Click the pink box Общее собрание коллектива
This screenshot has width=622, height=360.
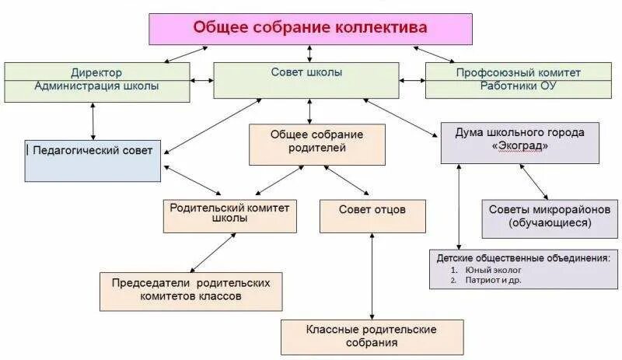coord(310,28)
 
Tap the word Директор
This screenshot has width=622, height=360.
coord(96,72)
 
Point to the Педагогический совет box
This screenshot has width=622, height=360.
coord(93,159)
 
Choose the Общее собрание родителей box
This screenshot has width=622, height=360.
coord(316,144)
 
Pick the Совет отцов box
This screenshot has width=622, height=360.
coord(372,215)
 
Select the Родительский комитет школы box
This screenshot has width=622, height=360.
coord(229,215)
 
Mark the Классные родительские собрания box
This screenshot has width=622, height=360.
coord(372,337)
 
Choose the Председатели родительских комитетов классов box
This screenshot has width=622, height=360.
coord(190,291)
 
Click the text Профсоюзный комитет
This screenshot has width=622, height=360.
coord(519,72)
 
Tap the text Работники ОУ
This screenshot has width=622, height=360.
coord(519,86)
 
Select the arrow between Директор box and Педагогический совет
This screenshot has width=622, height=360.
coord(93,121)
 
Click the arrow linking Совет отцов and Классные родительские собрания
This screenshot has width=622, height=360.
coord(373,276)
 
